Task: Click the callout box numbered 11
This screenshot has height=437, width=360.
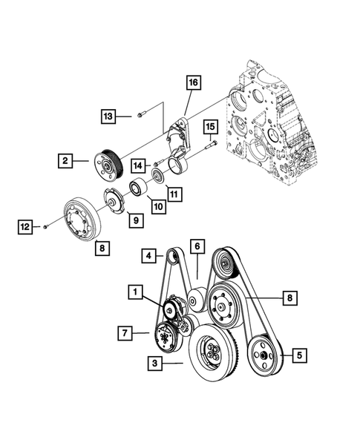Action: point(174,195)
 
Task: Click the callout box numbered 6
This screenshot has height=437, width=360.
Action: point(197,246)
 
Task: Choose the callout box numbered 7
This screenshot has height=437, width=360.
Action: point(125,333)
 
